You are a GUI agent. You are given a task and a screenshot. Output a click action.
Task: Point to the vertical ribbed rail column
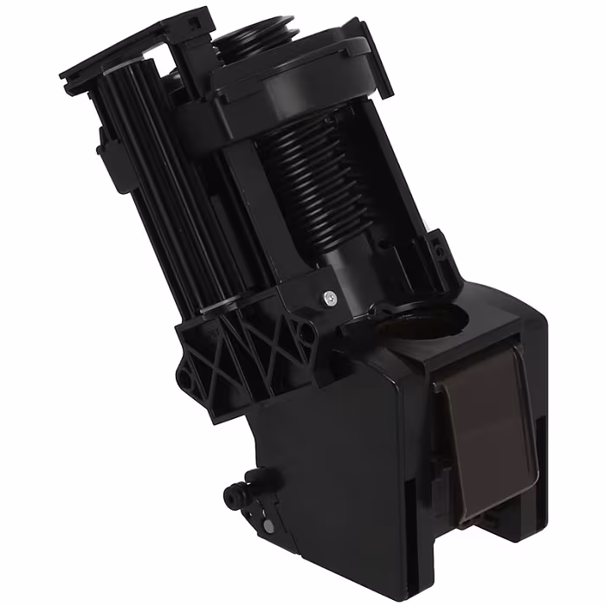160,173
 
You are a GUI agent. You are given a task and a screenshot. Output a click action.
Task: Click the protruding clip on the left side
109,156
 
